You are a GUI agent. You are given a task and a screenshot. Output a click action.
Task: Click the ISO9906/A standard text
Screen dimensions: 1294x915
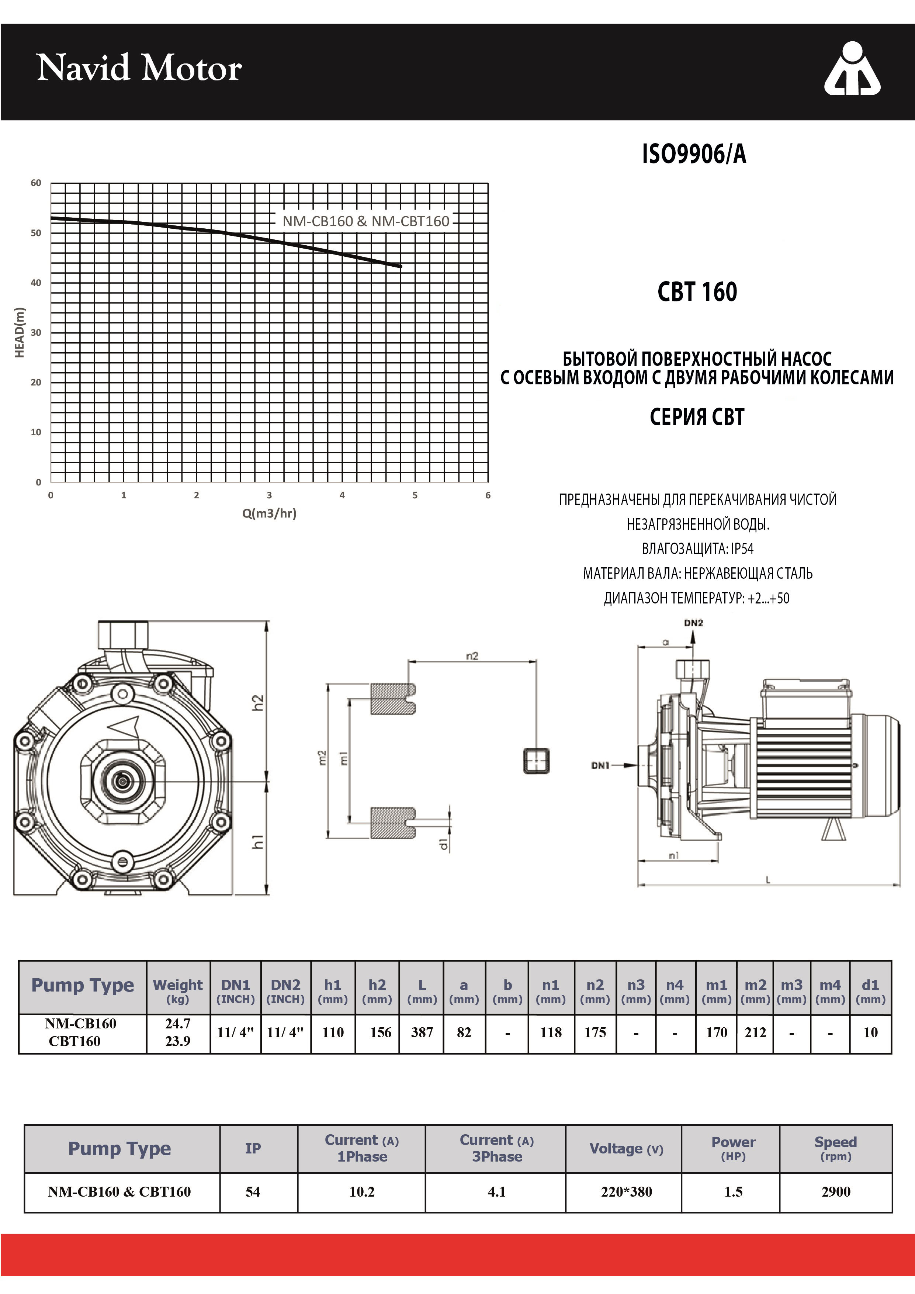(694, 154)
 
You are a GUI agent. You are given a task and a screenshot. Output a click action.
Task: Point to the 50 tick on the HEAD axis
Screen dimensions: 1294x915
(36, 233)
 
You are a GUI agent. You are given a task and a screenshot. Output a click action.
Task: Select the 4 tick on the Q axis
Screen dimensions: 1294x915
(342, 495)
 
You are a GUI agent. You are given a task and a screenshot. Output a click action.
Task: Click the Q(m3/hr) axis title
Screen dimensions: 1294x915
(269, 513)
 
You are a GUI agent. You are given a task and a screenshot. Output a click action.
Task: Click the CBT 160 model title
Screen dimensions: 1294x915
(697, 292)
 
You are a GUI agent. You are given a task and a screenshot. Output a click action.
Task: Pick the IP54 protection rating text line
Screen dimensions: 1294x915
(697, 549)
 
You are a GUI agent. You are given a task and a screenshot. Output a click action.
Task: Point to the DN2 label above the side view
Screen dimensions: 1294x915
(694, 623)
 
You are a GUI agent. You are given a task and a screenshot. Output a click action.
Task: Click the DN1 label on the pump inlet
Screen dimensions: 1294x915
(601, 765)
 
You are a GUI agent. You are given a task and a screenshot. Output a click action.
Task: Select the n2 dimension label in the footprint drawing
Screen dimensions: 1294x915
(472, 655)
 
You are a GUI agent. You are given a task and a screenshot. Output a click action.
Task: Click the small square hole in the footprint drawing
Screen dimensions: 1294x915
(536, 761)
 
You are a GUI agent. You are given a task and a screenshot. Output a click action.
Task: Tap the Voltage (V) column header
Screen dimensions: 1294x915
(626, 1149)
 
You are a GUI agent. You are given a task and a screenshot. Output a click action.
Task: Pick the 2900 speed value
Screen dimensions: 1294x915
(836, 1191)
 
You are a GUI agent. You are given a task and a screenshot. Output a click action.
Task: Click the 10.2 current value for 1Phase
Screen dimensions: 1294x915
(362, 1191)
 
